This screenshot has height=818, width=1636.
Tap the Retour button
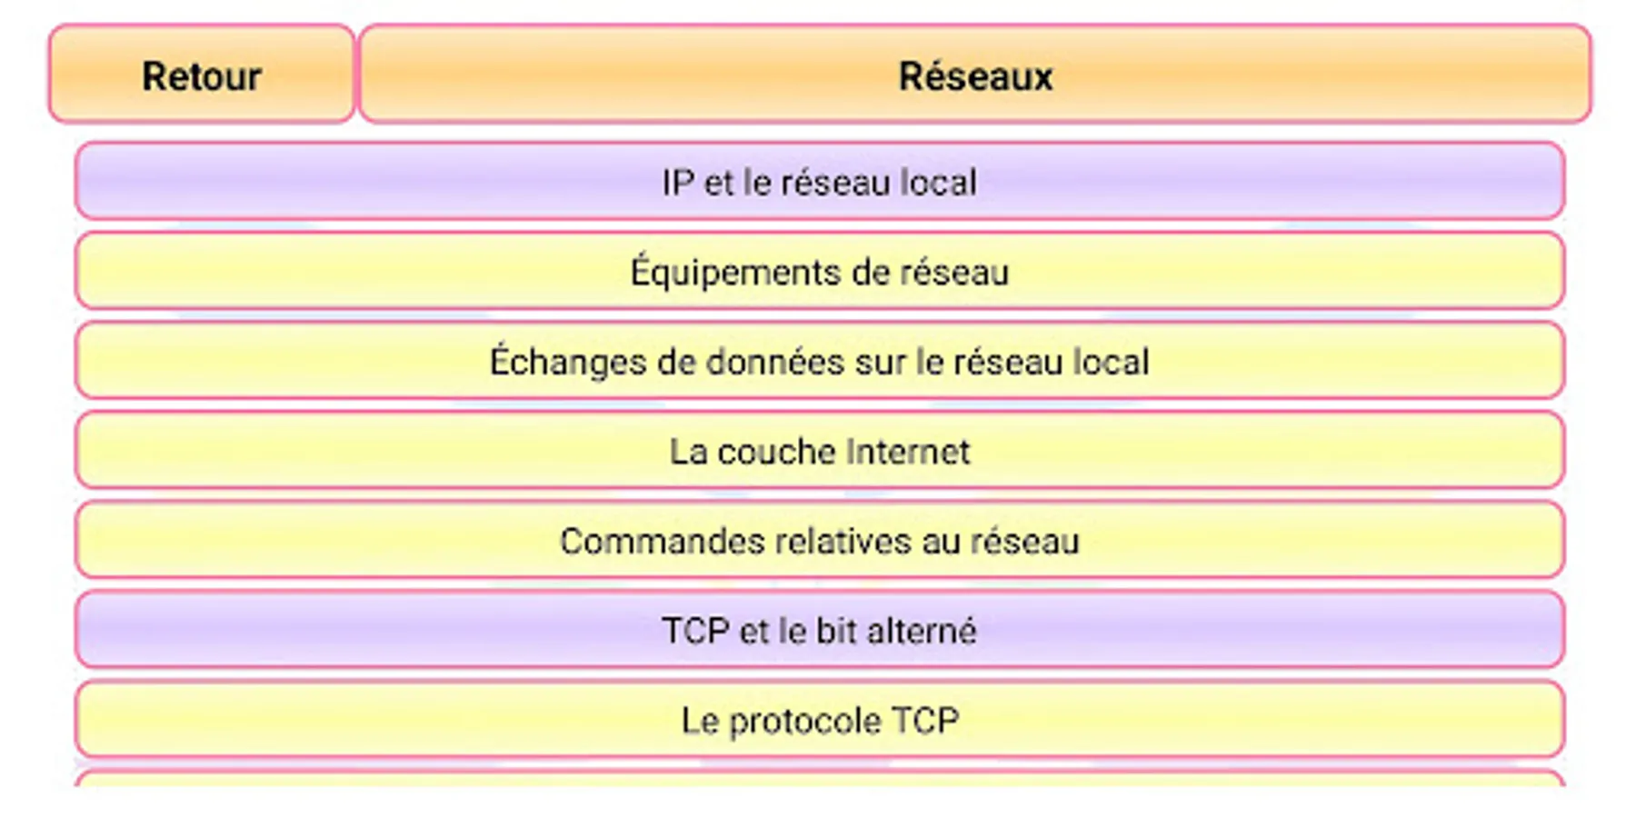pos(202,74)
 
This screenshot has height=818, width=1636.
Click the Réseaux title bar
pos(975,74)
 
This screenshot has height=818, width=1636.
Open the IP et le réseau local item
pos(820,180)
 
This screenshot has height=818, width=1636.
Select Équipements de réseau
pos(820,270)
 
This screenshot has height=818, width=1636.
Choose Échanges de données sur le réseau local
pos(820,360)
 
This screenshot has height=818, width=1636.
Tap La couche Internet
pos(820,450)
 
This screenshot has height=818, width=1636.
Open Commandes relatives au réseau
pos(820,540)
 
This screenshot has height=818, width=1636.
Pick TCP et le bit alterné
pos(820,629)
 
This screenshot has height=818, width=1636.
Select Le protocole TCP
pos(820,719)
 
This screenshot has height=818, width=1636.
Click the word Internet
pos(907,452)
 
